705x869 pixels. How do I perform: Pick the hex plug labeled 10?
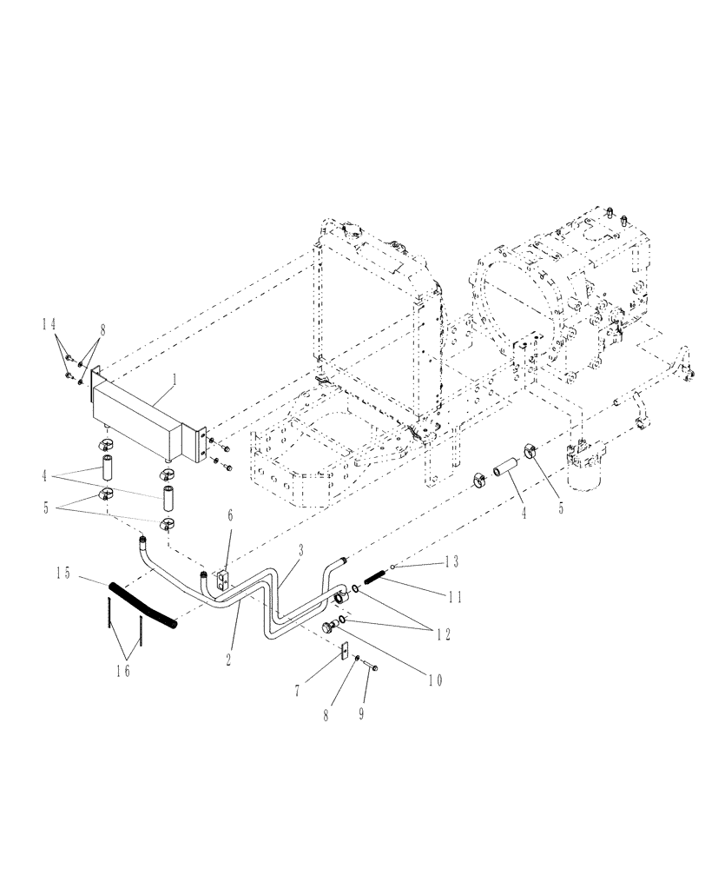coord(328,627)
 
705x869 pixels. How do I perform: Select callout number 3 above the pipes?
coord(300,551)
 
